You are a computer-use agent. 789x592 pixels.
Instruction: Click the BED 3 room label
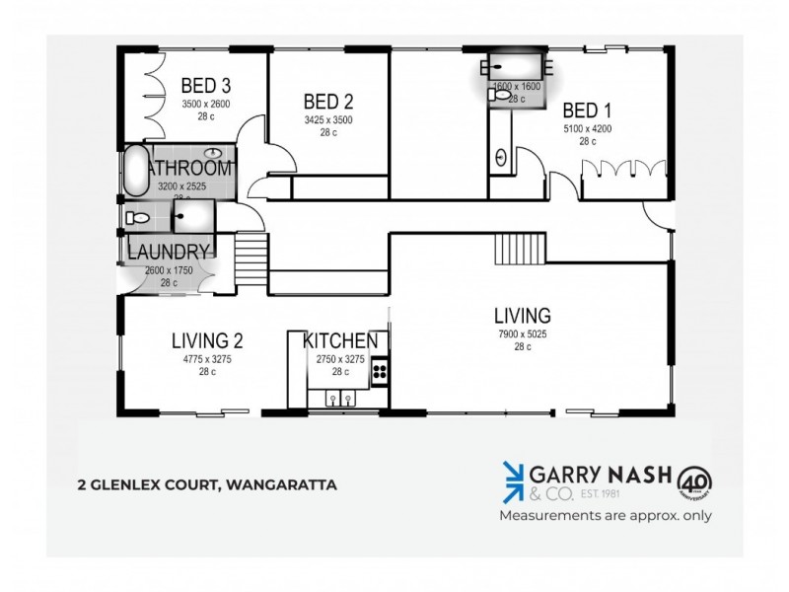tap(206, 87)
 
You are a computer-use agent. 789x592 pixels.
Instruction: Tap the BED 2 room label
tap(328, 101)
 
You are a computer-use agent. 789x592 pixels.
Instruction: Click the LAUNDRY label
tap(169, 252)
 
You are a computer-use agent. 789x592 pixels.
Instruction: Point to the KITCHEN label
tap(340, 341)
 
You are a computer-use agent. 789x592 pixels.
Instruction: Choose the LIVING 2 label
tap(207, 341)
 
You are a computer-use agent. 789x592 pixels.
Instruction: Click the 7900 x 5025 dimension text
tap(523, 335)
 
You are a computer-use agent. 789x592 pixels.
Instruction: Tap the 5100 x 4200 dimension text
tap(589, 129)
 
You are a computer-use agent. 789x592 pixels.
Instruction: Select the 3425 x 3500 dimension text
tap(328, 120)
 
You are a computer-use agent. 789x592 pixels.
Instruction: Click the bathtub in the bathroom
tap(134, 172)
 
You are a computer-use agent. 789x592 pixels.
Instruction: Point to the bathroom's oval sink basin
tap(213, 153)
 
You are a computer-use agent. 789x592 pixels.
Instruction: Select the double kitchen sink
tap(341, 398)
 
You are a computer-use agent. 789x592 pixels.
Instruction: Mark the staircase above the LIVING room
tap(520, 246)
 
